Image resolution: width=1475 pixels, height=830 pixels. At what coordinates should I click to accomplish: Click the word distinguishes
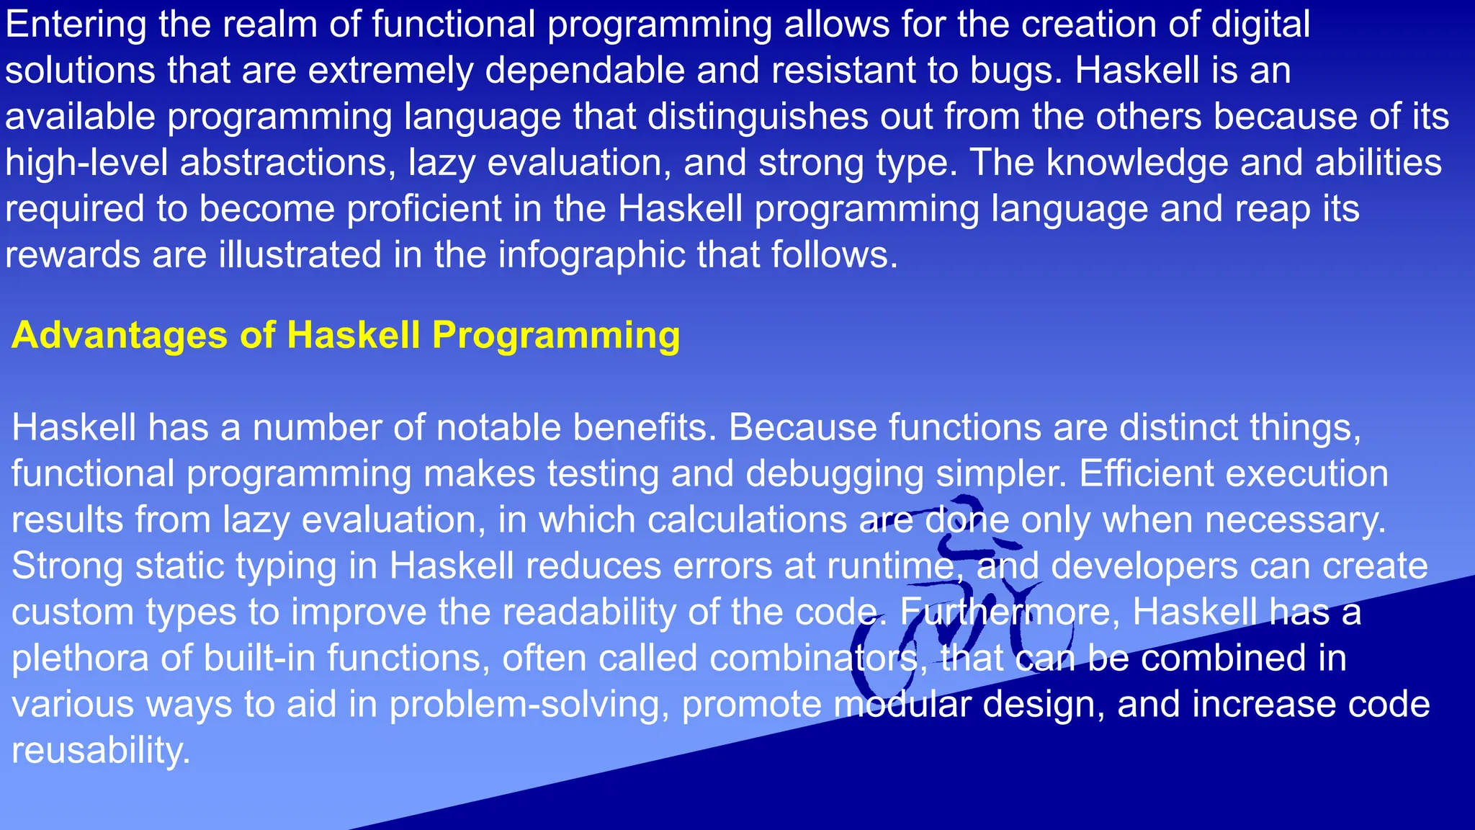point(758,117)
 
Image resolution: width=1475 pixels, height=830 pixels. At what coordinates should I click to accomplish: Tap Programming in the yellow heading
point(555,336)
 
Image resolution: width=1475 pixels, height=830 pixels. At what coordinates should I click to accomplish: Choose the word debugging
point(835,474)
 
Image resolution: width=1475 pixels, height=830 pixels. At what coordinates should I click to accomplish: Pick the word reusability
point(101,751)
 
